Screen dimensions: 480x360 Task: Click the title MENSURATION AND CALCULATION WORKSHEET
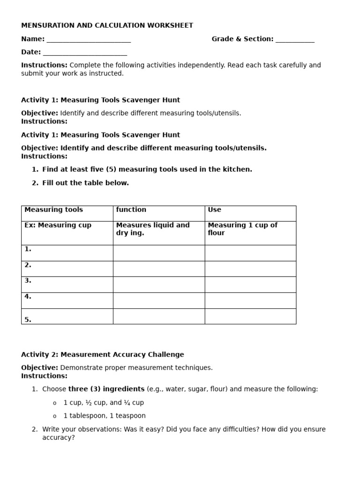[107, 26]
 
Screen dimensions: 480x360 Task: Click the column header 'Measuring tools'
[53, 210]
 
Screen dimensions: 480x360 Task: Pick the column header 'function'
[131, 210]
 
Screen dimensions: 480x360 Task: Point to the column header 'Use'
[214, 210]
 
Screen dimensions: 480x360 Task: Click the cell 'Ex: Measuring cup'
[58, 225]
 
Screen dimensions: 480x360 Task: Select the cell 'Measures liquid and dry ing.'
[153, 229]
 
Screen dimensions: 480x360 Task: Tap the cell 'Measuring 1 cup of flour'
[242, 229]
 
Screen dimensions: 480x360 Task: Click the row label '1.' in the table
[28, 249]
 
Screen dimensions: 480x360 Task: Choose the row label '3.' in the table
[28, 281]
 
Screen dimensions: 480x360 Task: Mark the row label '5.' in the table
[28, 320]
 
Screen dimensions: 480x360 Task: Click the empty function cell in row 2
[159, 269]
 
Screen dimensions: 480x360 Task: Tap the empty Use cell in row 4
[250, 300]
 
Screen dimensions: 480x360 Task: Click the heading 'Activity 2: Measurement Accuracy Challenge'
[103, 355]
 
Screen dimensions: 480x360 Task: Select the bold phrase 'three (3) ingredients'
[106, 389]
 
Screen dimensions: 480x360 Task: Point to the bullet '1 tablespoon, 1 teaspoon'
[105, 416]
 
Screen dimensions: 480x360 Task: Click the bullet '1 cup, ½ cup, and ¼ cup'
[104, 403]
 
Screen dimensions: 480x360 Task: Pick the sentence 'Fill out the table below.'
[85, 183]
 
